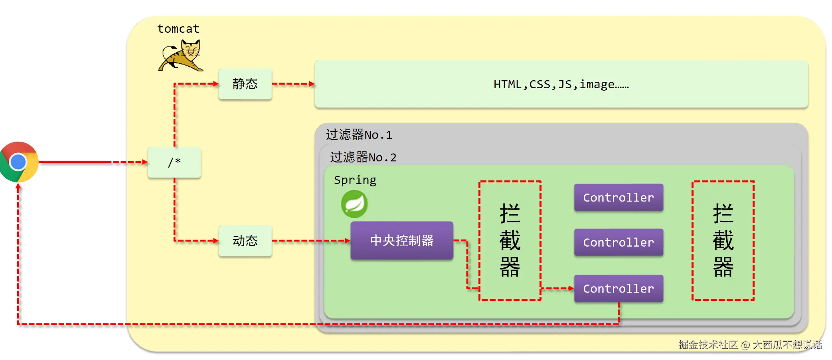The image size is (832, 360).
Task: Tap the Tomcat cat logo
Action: click(182, 56)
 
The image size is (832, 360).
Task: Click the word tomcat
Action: click(178, 29)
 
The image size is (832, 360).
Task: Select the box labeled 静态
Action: click(245, 84)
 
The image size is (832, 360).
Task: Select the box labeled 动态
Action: click(245, 241)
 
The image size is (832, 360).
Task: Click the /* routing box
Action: click(174, 162)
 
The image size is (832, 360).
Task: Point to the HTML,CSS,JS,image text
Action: click(561, 85)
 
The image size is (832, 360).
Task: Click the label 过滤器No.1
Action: click(359, 135)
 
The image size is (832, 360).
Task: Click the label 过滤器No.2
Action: click(363, 157)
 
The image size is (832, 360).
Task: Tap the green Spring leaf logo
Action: click(354, 204)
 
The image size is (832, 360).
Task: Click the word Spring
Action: click(355, 180)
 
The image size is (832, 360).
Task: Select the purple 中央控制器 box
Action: click(402, 240)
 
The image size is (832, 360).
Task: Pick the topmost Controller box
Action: click(619, 197)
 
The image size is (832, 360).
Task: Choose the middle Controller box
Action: click(619, 242)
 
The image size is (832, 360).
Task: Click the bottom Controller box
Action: click(619, 288)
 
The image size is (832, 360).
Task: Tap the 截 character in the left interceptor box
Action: click(510, 240)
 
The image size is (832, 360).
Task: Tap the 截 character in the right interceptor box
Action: click(723, 240)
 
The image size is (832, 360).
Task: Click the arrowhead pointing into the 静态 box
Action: click(216, 84)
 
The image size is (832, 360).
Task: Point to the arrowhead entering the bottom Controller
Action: click(571, 288)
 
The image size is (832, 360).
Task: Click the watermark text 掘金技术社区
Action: click(708, 344)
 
